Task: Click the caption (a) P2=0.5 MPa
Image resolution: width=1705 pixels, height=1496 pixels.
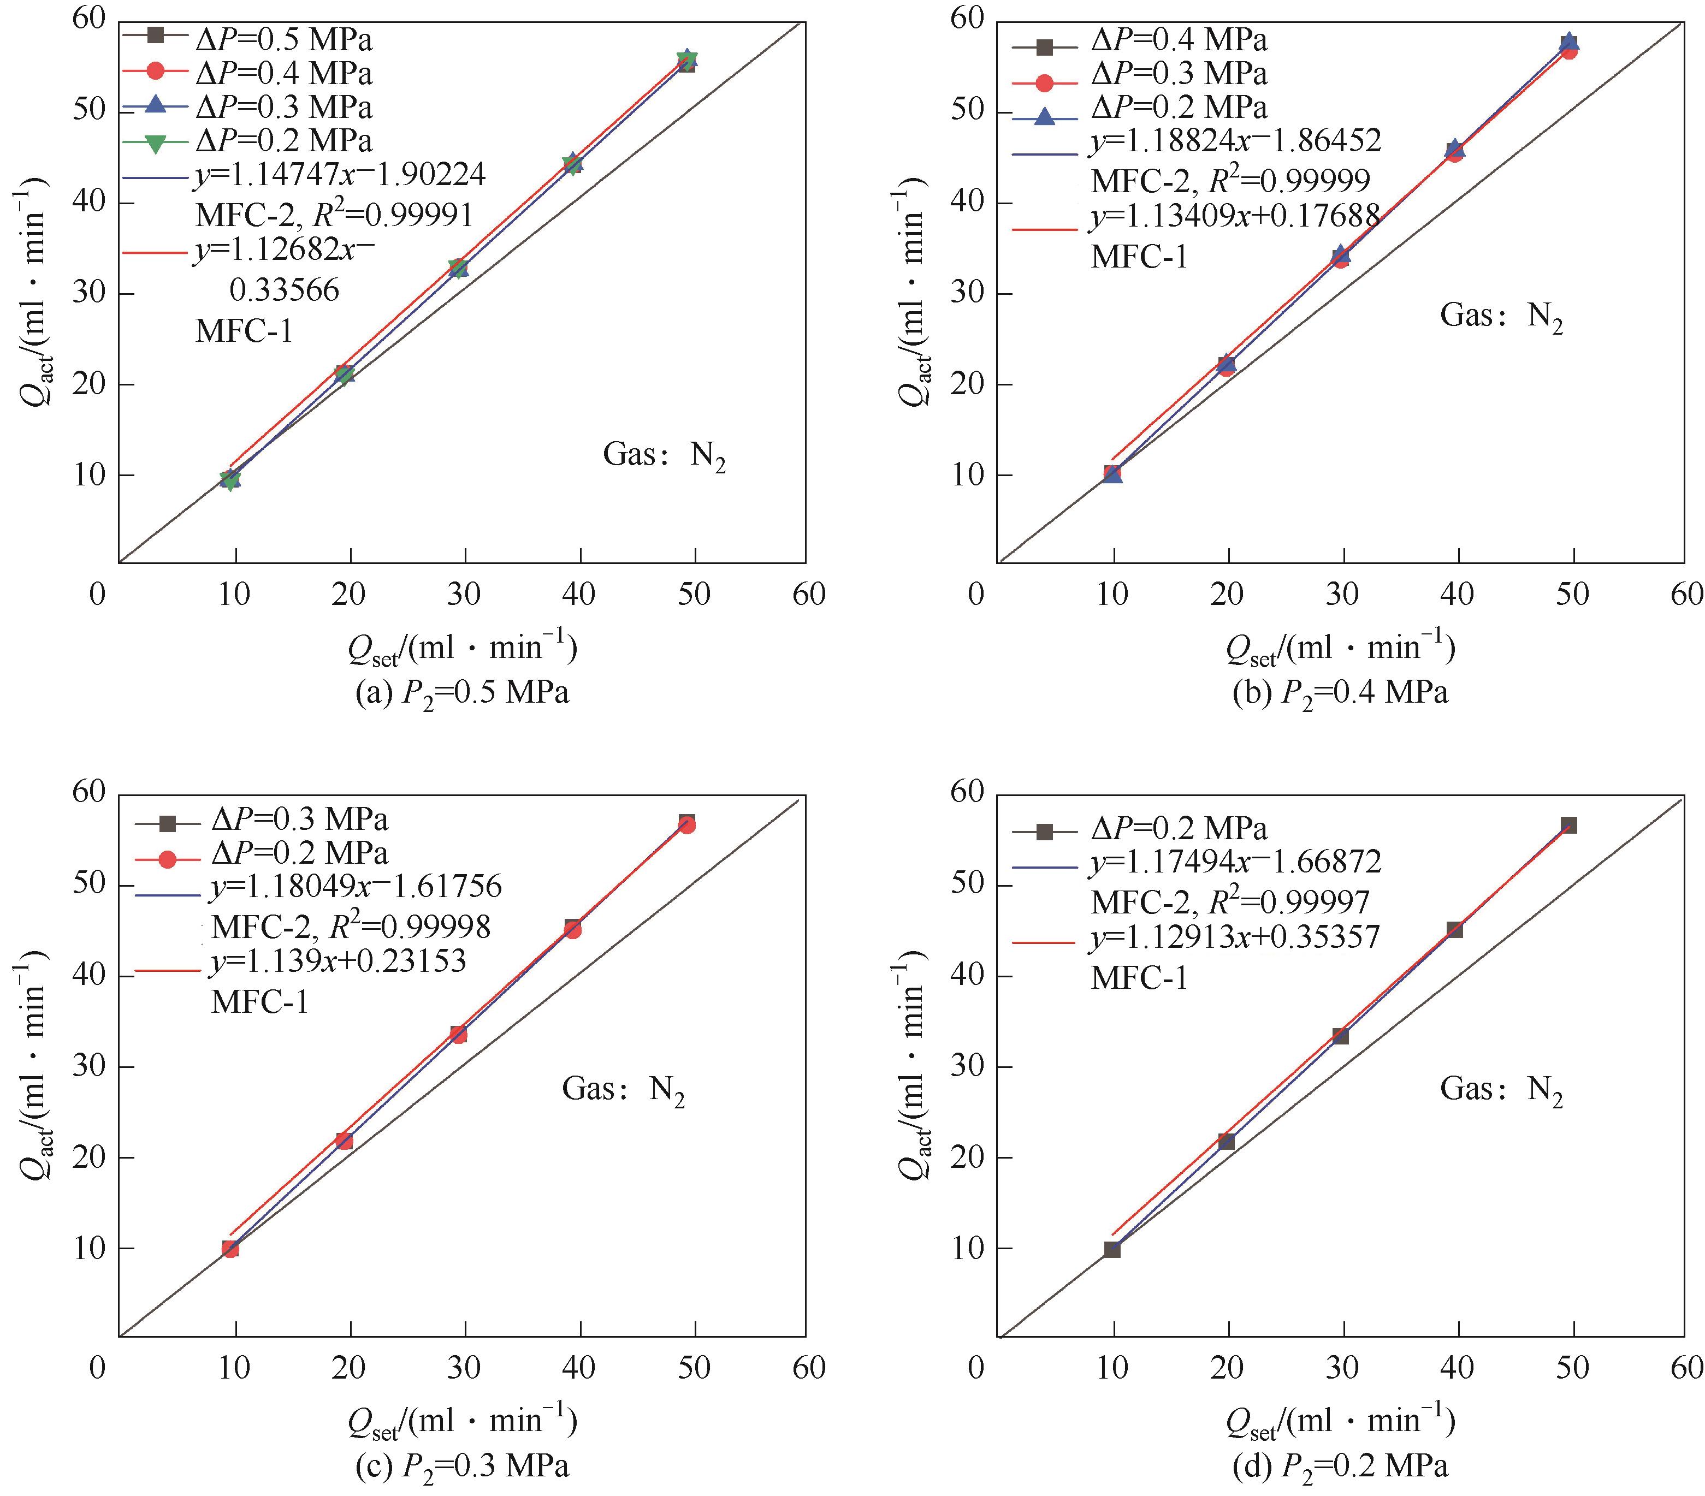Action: click(462, 693)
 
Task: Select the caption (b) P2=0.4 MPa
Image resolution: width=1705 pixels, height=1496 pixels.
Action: click(1341, 693)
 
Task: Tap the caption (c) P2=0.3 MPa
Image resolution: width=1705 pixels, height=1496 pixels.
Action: click(462, 1466)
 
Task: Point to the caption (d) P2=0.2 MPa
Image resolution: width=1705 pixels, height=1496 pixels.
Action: click(1341, 1466)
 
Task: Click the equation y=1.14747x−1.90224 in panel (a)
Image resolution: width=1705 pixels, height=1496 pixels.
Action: click(340, 174)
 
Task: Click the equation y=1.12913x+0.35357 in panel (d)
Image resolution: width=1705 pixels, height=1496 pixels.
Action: click(1235, 937)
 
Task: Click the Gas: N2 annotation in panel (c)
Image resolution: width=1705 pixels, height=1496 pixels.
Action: click(623, 1089)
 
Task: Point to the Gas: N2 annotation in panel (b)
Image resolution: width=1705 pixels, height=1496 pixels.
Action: click(1501, 316)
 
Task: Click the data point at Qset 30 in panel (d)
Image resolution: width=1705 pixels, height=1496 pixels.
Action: click(1341, 1036)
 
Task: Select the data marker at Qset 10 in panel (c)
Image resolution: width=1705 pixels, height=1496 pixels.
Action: click(230, 1248)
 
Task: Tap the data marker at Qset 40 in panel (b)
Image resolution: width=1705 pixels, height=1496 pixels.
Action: click(1455, 151)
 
